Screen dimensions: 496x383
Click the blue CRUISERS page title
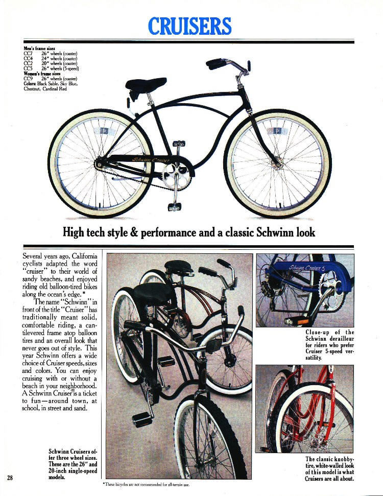coord(190,26)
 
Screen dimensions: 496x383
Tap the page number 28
coord(10,478)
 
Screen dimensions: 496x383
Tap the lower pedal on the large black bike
coord(175,206)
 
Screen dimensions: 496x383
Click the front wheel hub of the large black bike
coord(277,162)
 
